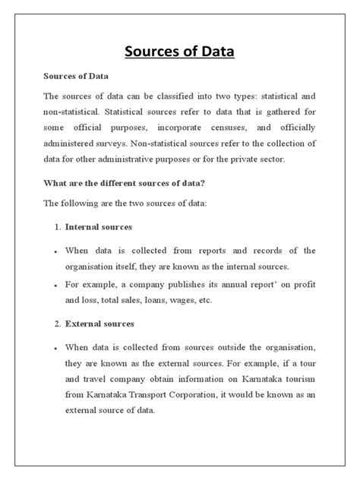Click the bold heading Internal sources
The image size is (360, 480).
[99, 226]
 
